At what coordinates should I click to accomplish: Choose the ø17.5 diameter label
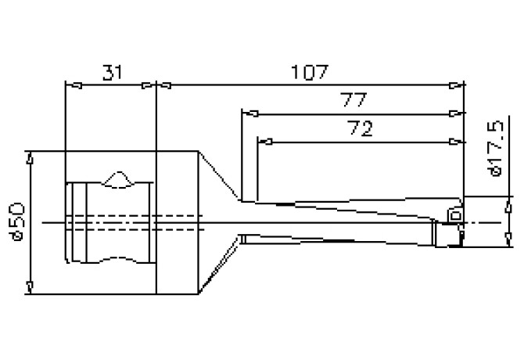point(493,149)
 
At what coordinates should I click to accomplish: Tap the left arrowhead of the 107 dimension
point(164,85)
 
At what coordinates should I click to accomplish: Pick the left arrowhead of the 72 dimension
point(264,142)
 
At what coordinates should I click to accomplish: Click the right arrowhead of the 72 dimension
point(453,142)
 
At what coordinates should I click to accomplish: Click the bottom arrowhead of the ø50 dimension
point(31,286)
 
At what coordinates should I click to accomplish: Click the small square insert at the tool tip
point(454,214)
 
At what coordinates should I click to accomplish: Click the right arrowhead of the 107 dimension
point(454,85)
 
